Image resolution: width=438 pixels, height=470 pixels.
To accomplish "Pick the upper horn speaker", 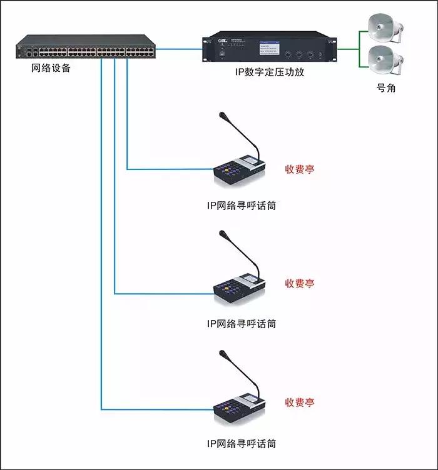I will pyautogui.click(x=382, y=28).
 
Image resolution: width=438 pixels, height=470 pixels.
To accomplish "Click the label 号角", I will pyautogui.click(x=385, y=88).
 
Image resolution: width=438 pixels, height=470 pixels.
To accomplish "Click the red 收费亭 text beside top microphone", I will pyautogui.click(x=300, y=169).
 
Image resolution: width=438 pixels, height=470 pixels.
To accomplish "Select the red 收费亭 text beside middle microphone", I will pyautogui.click(x=300, y=283).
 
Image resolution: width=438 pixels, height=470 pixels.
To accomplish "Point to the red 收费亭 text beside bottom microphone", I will pyautogui.click(x=300, y=402).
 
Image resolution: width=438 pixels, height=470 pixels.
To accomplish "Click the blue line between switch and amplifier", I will pyautogui.click(x=179, y=48).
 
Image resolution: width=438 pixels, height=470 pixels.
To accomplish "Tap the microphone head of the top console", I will pyautogui.click(x=223, y=116).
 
